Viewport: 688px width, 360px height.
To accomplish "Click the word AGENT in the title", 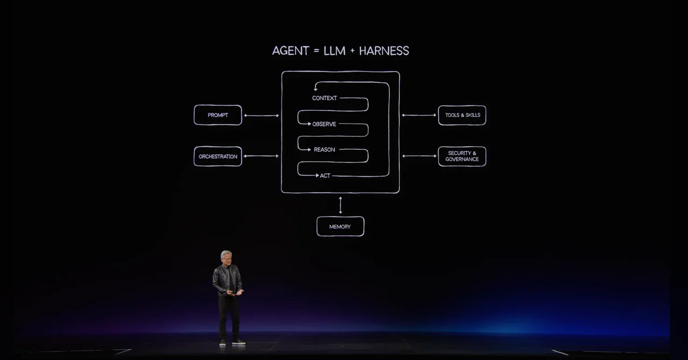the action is point(290,51).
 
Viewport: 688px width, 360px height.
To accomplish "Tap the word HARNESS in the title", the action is point(384,51).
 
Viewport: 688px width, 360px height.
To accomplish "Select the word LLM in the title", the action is point(334,51).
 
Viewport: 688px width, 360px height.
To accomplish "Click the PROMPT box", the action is point(218,115).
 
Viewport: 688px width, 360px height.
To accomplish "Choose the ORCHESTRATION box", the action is point(218,156).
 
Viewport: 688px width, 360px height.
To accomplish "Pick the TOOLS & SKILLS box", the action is point(462,115).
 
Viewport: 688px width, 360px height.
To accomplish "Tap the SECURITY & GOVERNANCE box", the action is point(462,156).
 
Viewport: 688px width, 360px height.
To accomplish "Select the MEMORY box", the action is point(340,226).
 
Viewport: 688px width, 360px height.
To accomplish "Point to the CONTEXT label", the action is point(325,98).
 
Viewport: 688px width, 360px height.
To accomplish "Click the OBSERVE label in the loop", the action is point(324,124).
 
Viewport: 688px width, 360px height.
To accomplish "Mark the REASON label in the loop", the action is point(324,149).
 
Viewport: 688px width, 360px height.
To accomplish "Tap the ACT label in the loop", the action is point(325,176).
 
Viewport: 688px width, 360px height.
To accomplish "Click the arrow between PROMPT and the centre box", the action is point(261,116).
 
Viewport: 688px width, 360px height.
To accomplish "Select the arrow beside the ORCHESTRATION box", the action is point(261,156).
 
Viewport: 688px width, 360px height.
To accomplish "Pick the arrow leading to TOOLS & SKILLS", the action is point(419,115).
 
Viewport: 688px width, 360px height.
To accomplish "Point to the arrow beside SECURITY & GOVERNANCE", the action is point(419,156).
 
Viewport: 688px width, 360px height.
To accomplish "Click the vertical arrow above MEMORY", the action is point(340,205).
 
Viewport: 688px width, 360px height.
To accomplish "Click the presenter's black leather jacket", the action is point(227,280).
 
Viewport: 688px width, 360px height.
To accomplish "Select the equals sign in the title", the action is point(317,51).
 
